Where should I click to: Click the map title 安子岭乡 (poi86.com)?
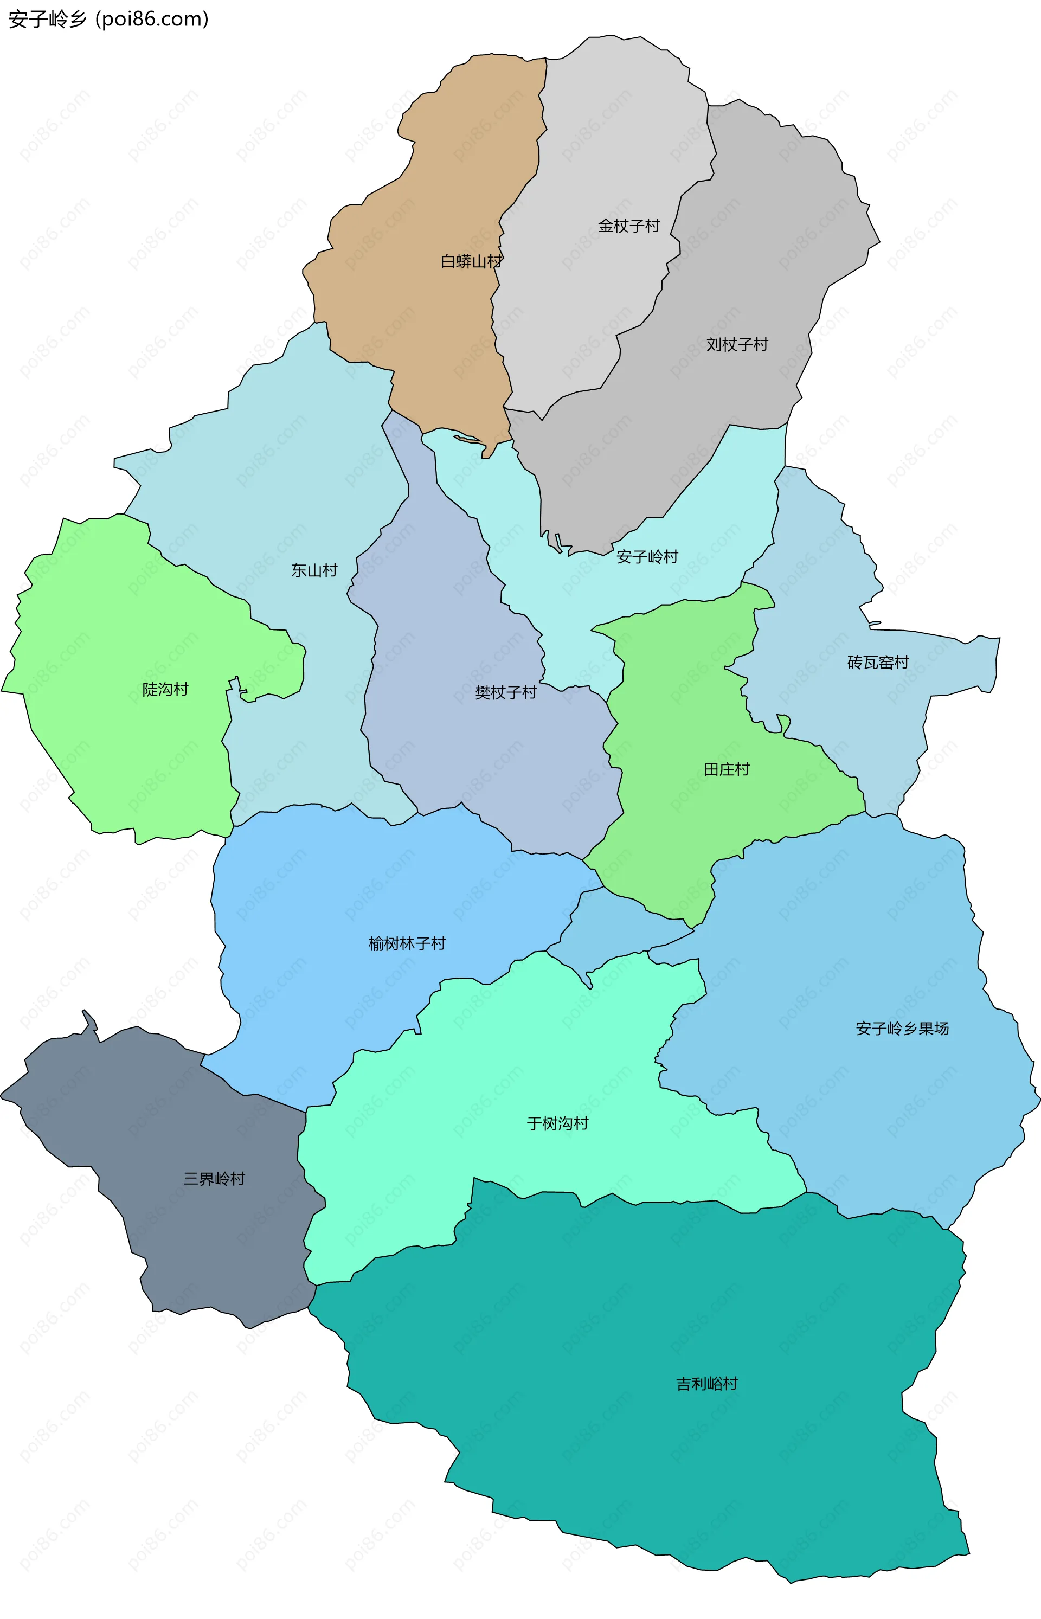[x=108, y=19]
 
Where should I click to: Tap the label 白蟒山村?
[x=471, y=261]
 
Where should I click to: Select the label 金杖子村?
[x=628, y=226]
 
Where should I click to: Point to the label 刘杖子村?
[x=737, y=345]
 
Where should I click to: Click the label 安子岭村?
[x=647, y=557]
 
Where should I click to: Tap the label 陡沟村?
[x=165, y=690]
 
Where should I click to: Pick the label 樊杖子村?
[x=506, y=692]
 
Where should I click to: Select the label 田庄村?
[x=726, y=769]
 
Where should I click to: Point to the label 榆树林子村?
[x=407, y=943]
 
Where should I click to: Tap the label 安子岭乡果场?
[x=902, y=1029]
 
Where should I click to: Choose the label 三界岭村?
[x=214, y=1179]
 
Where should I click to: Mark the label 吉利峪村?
[x=706, y=1384]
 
